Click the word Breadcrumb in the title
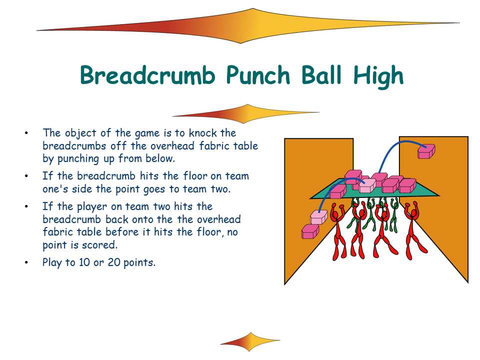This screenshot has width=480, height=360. tap(147, 75)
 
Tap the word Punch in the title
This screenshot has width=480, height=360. tap(258, 75)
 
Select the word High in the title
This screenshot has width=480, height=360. tap(378, 76)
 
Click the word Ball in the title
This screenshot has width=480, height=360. tap(321, 75)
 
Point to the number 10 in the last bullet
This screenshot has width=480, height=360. tap(84, 262)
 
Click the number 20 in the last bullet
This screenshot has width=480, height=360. tap(114, 262)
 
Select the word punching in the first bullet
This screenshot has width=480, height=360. tap(78, 159)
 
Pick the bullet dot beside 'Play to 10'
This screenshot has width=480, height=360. tap(26, 262)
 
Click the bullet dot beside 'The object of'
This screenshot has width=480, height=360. tap(26, 133)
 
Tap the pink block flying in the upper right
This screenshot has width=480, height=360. tap(426, 151)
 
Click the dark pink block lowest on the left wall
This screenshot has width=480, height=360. tap(310, 231)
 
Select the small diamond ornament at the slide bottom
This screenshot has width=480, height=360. tap(250, 341)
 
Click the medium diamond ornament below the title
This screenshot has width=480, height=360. tap(246, 114)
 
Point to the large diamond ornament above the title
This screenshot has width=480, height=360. tap(248, 26)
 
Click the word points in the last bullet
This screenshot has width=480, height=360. tap(139, 263)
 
